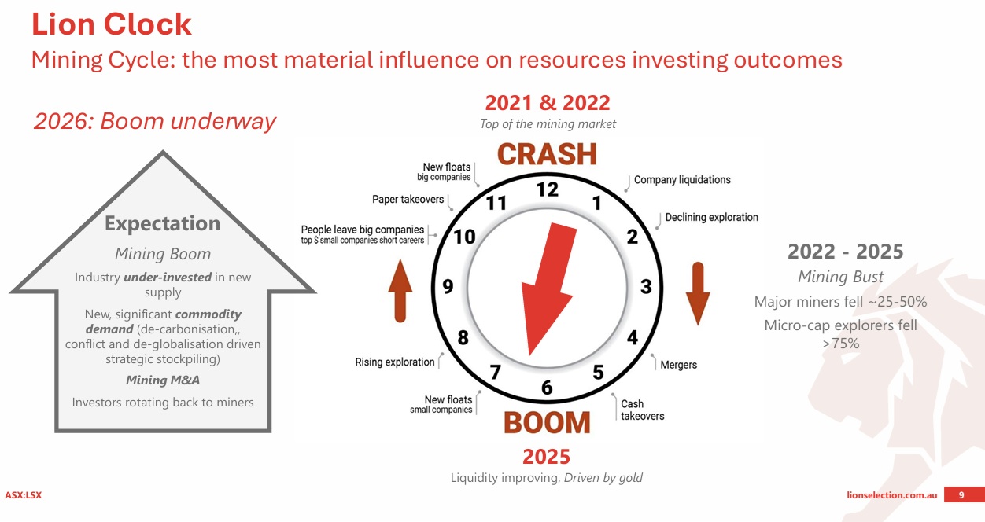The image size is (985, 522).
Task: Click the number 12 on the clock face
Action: tap(548, 189)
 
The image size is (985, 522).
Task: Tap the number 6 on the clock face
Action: tap(547, 388)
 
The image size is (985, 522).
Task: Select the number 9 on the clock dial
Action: tap(448, 286)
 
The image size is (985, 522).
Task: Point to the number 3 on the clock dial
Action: tap(646, 286)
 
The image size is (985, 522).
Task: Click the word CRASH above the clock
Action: tap(547, 154)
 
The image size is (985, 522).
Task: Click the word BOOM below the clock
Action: tap(547, 423)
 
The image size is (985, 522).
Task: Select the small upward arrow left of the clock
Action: tap(400, 291)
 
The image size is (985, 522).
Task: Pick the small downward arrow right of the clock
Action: tap(698, 293)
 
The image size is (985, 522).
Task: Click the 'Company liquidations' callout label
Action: tap(682, 180)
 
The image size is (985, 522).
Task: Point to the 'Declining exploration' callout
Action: tap(711, 217)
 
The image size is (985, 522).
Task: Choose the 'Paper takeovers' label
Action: tap(408, 200)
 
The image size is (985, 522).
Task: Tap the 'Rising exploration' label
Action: tap(395, 362)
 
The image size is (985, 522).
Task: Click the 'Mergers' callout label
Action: tap(678, 365)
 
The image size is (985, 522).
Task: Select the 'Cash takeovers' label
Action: tap(643, 410)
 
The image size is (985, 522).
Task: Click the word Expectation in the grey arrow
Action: tap(162, 223)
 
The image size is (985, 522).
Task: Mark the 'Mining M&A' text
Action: tap(163, 380)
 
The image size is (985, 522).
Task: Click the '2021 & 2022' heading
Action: tap(548, 103)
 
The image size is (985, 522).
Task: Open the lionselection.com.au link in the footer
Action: tap(892, 495)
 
